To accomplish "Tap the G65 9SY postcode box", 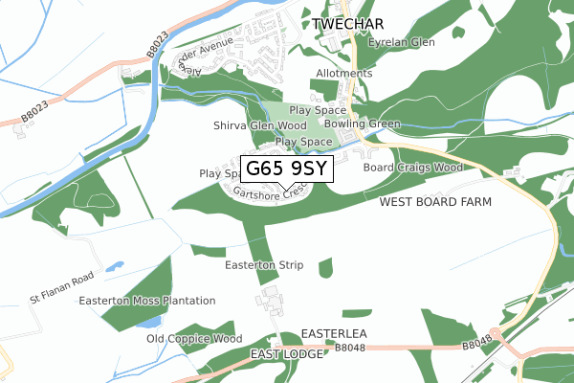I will pos(287,169).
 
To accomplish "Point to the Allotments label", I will pos(344,74).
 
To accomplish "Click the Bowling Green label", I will pos(363,124).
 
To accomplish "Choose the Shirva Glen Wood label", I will pos(260,125).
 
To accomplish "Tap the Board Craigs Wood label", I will pos(412,168).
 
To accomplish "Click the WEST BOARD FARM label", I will pos(435,202).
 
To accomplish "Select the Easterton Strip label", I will pos(264,264).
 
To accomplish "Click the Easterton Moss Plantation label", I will pos(147,301).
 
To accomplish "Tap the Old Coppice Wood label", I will pos(194,339).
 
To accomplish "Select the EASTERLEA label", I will pos(334,333).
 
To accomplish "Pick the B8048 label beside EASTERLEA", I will pos(351,349).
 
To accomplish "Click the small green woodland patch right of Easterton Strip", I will pos(325,268).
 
